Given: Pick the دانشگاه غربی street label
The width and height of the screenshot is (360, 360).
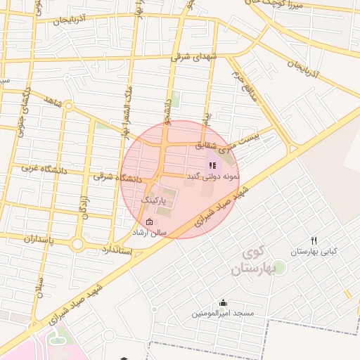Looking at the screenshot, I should pyautogui.click(x=43, y=169).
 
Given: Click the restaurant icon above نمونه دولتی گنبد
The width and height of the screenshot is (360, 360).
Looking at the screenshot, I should pyautogui.click(x=212, y=165).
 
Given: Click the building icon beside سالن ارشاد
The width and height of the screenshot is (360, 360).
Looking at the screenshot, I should pyautogui.click(x=149, y=222).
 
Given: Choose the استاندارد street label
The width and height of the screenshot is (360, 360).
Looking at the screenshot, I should pyautogui.click(x=117, y=250).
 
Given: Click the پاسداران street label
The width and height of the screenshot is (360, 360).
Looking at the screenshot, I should pyautogui.click(x=29, y=239).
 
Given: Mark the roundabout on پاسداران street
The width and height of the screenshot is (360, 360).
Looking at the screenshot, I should pyautogui.click(x=77, y=245).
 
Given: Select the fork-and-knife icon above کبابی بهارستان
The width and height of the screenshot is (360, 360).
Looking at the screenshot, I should pyautogui.click(x=314, y=240).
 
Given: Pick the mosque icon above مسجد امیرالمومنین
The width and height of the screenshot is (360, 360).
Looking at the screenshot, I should pyautogui.click(x=224, y=303).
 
